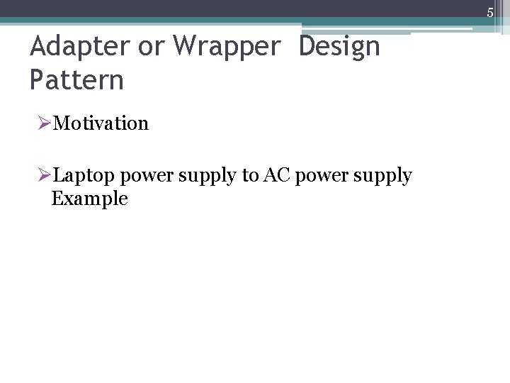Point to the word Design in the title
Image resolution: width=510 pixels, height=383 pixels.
tap(340, 47)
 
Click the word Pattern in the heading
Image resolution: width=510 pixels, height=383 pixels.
tap(76, 79)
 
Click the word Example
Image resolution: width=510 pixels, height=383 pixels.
tap(90, 199)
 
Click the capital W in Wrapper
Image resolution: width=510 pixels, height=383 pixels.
tap(182, 47)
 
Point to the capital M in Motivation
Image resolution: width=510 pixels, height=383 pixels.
tap(62, 124)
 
